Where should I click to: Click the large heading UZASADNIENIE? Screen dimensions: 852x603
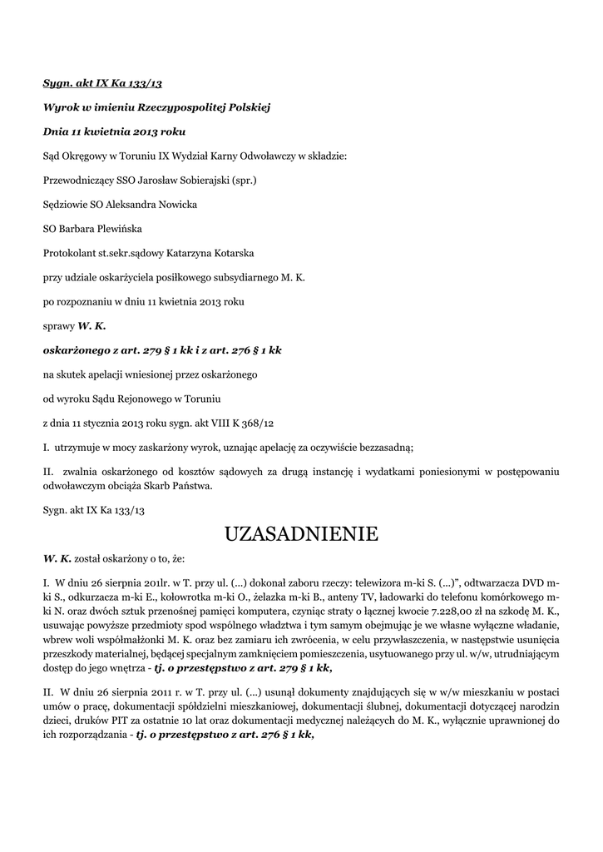point(301,533)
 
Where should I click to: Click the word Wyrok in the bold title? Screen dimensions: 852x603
point(60,107)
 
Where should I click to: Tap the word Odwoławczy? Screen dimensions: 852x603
point(245,156)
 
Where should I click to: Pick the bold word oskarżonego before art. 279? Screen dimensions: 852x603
point(77,350)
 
